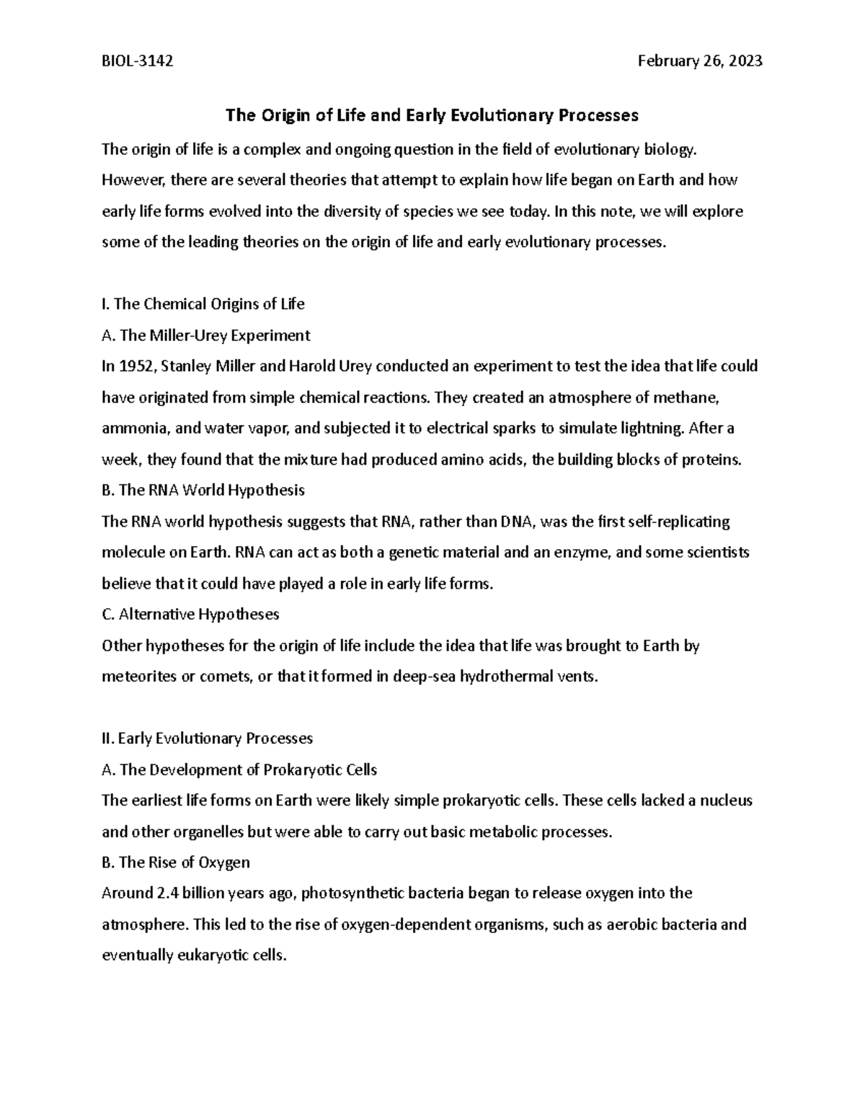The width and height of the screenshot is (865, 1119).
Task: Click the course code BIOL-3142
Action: pyautogui.click(x=137, y=61)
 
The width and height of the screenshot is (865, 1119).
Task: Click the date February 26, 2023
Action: pyautogui.click(x=700, y=61)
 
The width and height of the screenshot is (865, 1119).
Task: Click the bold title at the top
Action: pyautogui.click(x=432, y=115)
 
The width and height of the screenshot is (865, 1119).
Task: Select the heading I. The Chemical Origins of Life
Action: pyautogui.click(x=203, y=304)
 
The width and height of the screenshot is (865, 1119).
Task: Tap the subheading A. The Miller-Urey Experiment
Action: pyautogui.click(x=206, y=335)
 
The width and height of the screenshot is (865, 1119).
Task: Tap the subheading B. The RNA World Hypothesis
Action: pyautogui.click(x=203, y=491)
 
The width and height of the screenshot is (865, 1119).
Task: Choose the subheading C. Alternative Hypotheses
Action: pyautogui.click(x=190, y=615)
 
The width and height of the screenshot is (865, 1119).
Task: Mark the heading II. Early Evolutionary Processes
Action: pyautogui.click(x=208, y=739)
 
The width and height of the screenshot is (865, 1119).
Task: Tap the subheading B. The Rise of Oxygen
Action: pyautogui.click(x=176, y=862)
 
